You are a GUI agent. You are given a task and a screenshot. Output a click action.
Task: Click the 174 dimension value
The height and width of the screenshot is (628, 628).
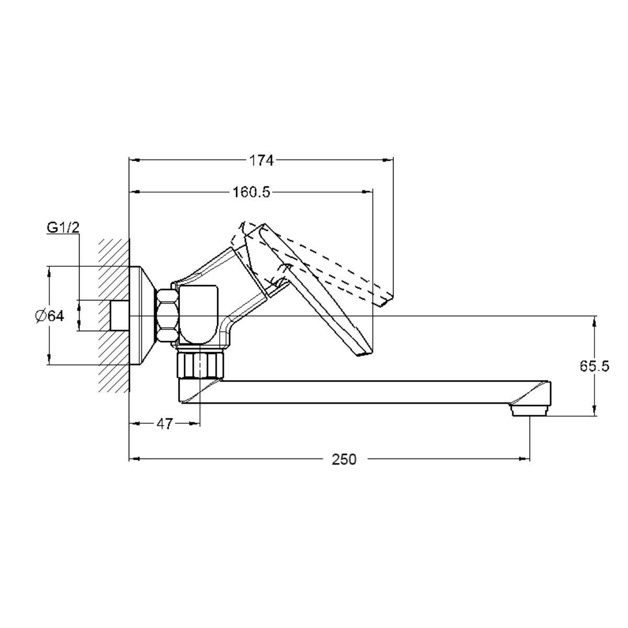tap(261, 160)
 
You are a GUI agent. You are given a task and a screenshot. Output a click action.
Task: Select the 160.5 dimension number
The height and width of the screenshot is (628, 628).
tap(251, 192)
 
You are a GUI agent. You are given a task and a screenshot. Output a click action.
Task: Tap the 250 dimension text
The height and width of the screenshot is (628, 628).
tap(344, 459)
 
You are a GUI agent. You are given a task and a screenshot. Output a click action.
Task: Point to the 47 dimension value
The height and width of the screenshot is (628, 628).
tap(164, 424)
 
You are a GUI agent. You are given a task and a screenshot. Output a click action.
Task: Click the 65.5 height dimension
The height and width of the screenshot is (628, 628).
tap(594, 367)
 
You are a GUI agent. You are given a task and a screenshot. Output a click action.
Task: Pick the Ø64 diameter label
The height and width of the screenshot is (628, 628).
tap(50, 316)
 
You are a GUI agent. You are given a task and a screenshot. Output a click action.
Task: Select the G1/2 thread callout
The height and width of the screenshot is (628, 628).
tap(63, 228)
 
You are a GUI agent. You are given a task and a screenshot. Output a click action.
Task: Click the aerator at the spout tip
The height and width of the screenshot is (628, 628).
tap(529, 410)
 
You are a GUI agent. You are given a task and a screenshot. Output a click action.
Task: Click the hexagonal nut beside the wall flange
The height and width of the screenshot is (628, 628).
tap(168, 316)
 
